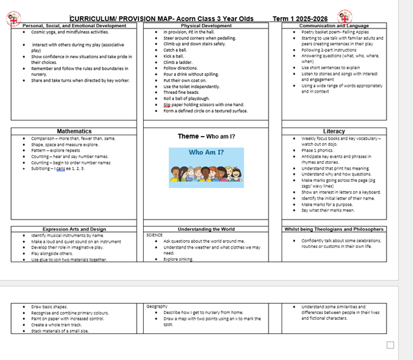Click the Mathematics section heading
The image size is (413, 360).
pyautogui.click(x=74, y=131)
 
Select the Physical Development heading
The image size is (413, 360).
pyautogui.click(x=206, y=26)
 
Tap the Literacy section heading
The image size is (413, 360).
pyautogui.click(x=334, y=131)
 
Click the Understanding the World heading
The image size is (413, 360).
pyautogui.click(x=206, y=229)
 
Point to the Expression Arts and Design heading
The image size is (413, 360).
pyautogui.click(x=74, y=229)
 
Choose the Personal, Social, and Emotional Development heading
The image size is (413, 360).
pyautogui.click(x=74, y=26)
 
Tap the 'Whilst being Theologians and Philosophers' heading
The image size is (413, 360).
pyautogui.click(x=334, y=229)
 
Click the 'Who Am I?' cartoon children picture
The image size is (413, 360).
pyautogui.click(x=206, y=168)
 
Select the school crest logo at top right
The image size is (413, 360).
pyautogui.click(x=344, y=16)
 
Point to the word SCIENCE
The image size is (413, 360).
pyautogui.click(x=155, y=235)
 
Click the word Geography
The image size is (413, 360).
pyautogui.click(x=157, y=306)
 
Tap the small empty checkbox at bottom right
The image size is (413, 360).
pyautogui.click(x=390, y=344)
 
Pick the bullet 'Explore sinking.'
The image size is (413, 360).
pyautogui.click(x=179, y=259)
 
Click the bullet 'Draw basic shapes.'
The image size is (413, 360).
pyautogui.click(x=50, y=306)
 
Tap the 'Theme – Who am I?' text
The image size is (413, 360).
pyautogui.click(x=206, y=137)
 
